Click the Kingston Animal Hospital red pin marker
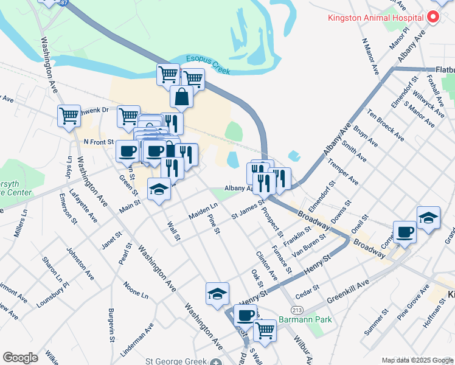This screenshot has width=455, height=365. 434,17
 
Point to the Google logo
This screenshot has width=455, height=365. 20,358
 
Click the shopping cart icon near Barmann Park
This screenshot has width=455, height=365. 265,330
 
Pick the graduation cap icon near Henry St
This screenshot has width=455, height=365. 217,294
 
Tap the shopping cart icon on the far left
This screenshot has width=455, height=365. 69,115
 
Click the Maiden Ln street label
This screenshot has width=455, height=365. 203,212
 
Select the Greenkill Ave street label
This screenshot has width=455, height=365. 347,291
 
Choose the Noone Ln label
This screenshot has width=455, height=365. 136,290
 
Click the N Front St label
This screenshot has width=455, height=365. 99,142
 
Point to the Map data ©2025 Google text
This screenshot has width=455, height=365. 417,360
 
